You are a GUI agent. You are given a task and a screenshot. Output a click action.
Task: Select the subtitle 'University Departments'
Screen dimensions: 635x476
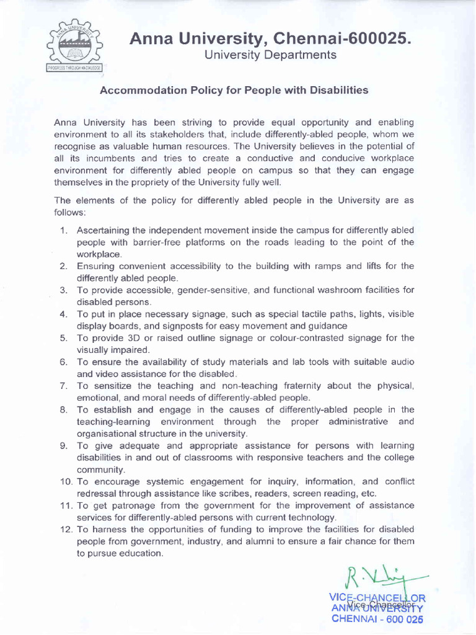tap(270, 55)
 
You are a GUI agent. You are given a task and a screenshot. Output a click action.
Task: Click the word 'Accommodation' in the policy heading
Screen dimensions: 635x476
tap(135, 91)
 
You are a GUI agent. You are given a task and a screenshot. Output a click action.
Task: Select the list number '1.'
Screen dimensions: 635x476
tap(64, 231)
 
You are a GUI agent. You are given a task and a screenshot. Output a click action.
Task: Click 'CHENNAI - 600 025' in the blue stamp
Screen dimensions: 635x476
tap(377, 618)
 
